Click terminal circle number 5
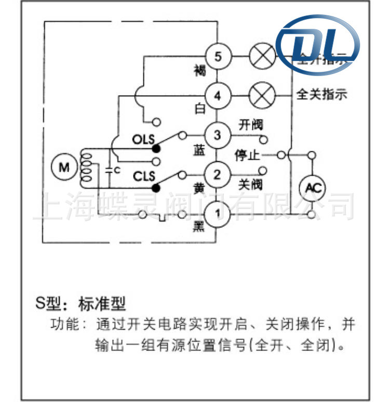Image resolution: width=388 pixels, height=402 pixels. tap(218, 56)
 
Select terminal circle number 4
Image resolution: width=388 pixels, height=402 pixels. tap(218, 96)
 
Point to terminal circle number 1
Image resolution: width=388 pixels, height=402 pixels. tap(218, 213)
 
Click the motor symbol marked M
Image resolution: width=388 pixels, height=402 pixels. tap(64, 167)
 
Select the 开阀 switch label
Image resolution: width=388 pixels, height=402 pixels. tap(251, 125)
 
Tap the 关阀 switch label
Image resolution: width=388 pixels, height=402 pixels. tap(251, 185)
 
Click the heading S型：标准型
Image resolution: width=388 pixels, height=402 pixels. tap(81, 303)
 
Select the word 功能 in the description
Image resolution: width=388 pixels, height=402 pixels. tap(63, 326)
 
